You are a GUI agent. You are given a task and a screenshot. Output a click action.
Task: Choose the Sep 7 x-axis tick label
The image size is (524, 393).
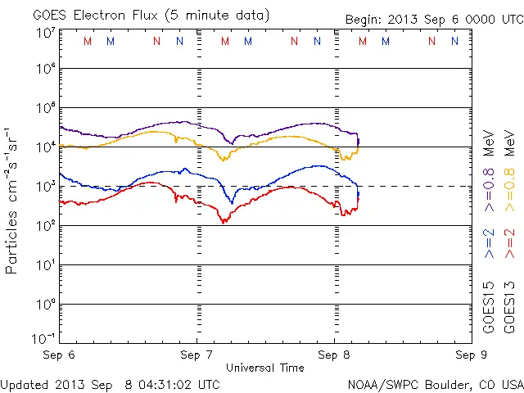196,355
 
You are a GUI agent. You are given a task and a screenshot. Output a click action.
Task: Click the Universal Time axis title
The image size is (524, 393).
264,368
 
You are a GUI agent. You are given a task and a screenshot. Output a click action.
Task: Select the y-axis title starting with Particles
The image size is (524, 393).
13,200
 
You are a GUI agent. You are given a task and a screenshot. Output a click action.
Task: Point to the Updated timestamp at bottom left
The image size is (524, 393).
111,383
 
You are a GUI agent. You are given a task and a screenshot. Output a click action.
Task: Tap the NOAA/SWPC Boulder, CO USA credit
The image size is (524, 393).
434,383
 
